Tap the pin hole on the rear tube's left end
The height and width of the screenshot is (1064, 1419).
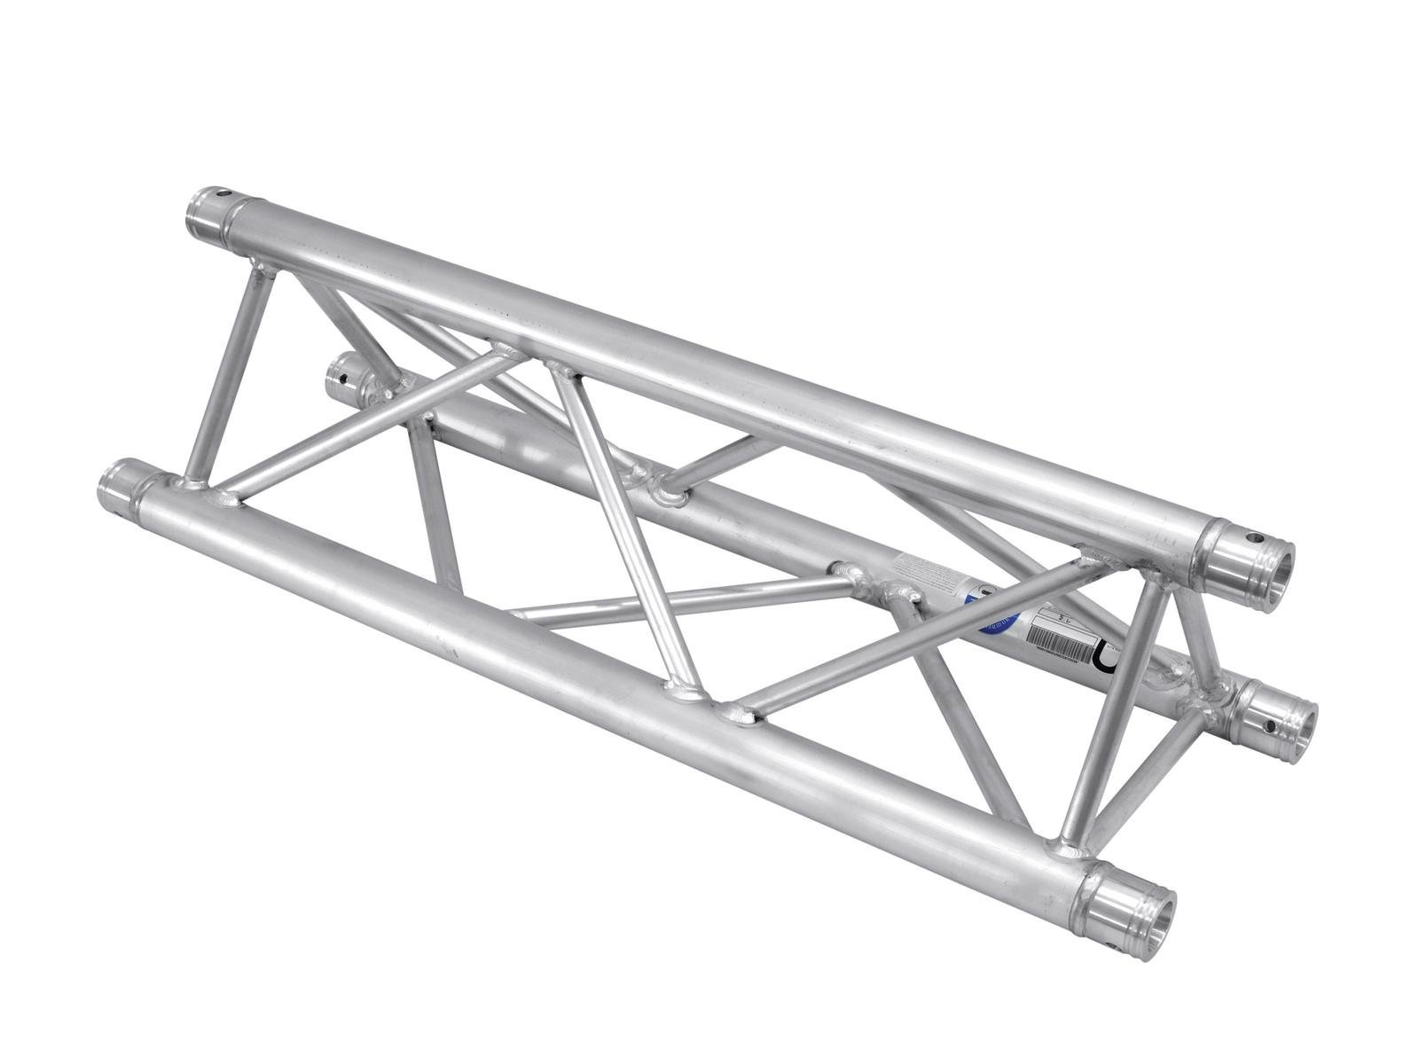point(341,383)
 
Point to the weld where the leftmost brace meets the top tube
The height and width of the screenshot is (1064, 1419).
point(261,266)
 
